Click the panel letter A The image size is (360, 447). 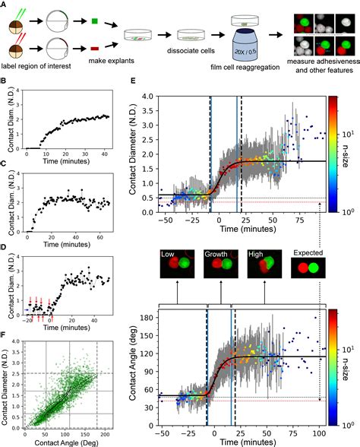point(5,5)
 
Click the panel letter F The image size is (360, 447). point(5,328)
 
